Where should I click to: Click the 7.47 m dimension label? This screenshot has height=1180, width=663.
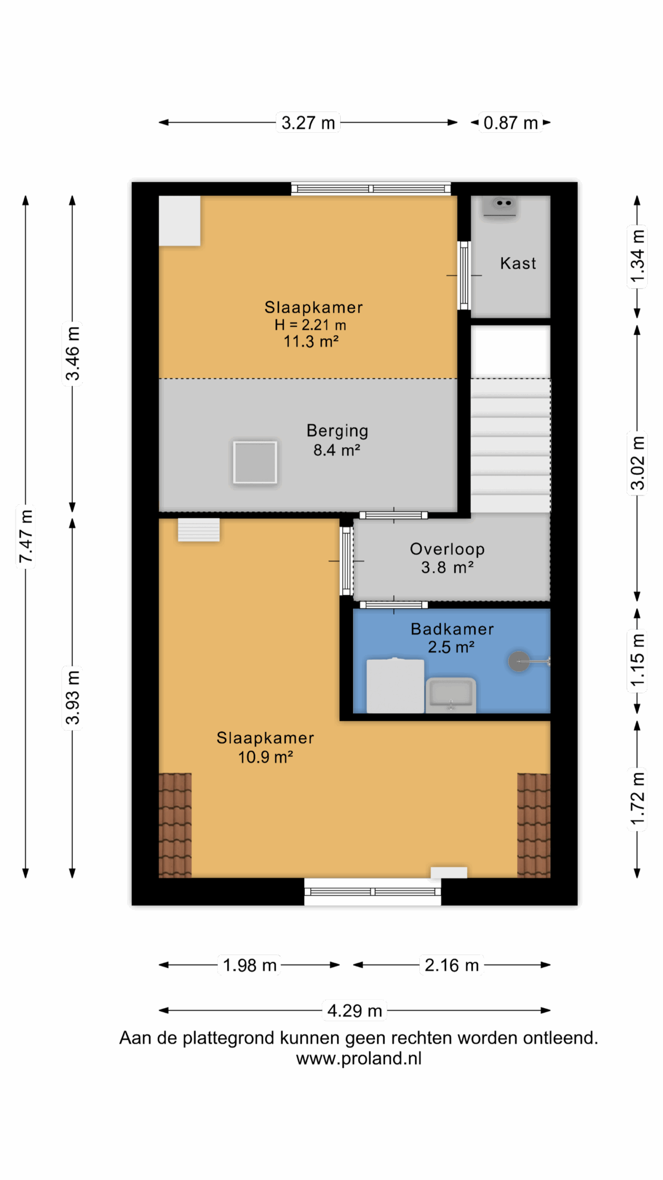pos(26,536)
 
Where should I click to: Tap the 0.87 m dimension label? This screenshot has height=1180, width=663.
pos(510,123)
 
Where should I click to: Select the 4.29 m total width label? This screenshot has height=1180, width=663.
pos(355,1010)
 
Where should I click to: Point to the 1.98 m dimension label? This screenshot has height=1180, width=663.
pos(250,965)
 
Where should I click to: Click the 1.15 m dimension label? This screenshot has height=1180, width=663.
pos(637,660)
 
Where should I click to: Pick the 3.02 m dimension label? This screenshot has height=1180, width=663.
pos(637,462)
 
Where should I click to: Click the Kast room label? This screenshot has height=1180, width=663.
pos(518,263)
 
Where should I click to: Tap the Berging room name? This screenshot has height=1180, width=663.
pos(337,431)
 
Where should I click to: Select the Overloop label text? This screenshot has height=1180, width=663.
pos(447,549)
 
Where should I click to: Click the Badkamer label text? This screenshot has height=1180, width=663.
pos(452,629)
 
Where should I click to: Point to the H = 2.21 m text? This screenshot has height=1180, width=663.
pos(310,324)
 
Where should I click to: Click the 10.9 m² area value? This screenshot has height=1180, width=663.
pos(266,757)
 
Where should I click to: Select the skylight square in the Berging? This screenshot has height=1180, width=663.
pos(255,462)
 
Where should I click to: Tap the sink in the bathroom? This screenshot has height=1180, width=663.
pos(451,695)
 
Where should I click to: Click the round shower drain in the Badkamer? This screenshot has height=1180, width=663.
pos(519,661)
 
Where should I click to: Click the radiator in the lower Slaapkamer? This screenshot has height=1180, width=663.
pos(199,530)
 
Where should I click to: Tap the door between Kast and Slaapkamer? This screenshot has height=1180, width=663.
pos(464,275)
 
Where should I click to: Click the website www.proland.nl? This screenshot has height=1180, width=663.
pos(359,1058)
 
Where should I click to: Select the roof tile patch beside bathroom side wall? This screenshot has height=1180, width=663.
pos(534,825)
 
